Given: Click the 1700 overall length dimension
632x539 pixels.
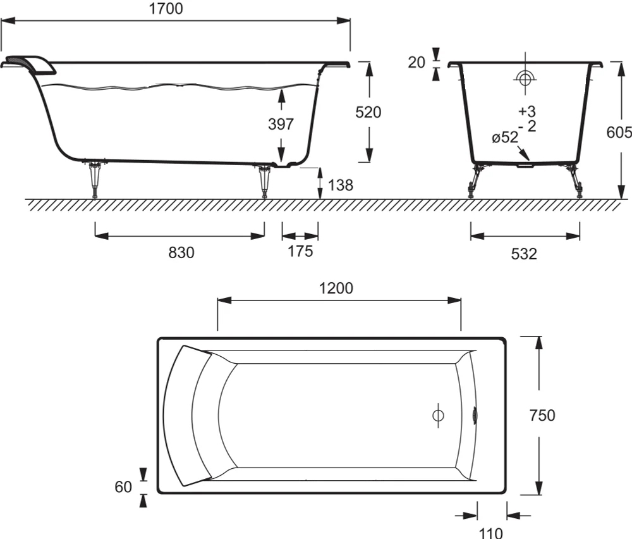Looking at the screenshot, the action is [x=166, y=8].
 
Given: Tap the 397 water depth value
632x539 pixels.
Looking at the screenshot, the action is [x=281, y=124].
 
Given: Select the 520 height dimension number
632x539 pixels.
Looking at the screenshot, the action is [x=368, y=112].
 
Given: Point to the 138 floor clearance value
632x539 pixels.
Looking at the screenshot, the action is [x=341, y=185].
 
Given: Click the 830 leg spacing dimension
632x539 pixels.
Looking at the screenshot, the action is [x=181, y=252].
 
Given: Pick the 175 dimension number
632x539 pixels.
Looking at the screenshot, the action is [x=300, y=251].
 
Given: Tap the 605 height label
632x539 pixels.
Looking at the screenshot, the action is [x=619, y=132].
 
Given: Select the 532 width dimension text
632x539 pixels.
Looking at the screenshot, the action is [x=524, y=254].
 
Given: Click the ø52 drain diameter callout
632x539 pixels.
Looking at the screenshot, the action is [x=504, y=137].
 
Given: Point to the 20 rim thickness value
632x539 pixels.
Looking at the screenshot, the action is [x=416, y=63].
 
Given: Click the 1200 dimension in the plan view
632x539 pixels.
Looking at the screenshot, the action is [x=336, y=288].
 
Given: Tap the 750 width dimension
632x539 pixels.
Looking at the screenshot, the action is [x=542, y=415].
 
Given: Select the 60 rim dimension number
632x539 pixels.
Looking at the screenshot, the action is [x=123, y=487].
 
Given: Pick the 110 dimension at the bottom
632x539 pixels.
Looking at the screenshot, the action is [x=491, y=533].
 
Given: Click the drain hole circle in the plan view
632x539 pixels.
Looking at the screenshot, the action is [x=438, y=415].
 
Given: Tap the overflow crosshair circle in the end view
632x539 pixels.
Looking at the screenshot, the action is [x=525, y=78].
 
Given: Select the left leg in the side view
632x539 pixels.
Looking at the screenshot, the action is [x=95, y=180].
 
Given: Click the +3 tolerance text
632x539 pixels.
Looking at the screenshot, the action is [x=527, y=111].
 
